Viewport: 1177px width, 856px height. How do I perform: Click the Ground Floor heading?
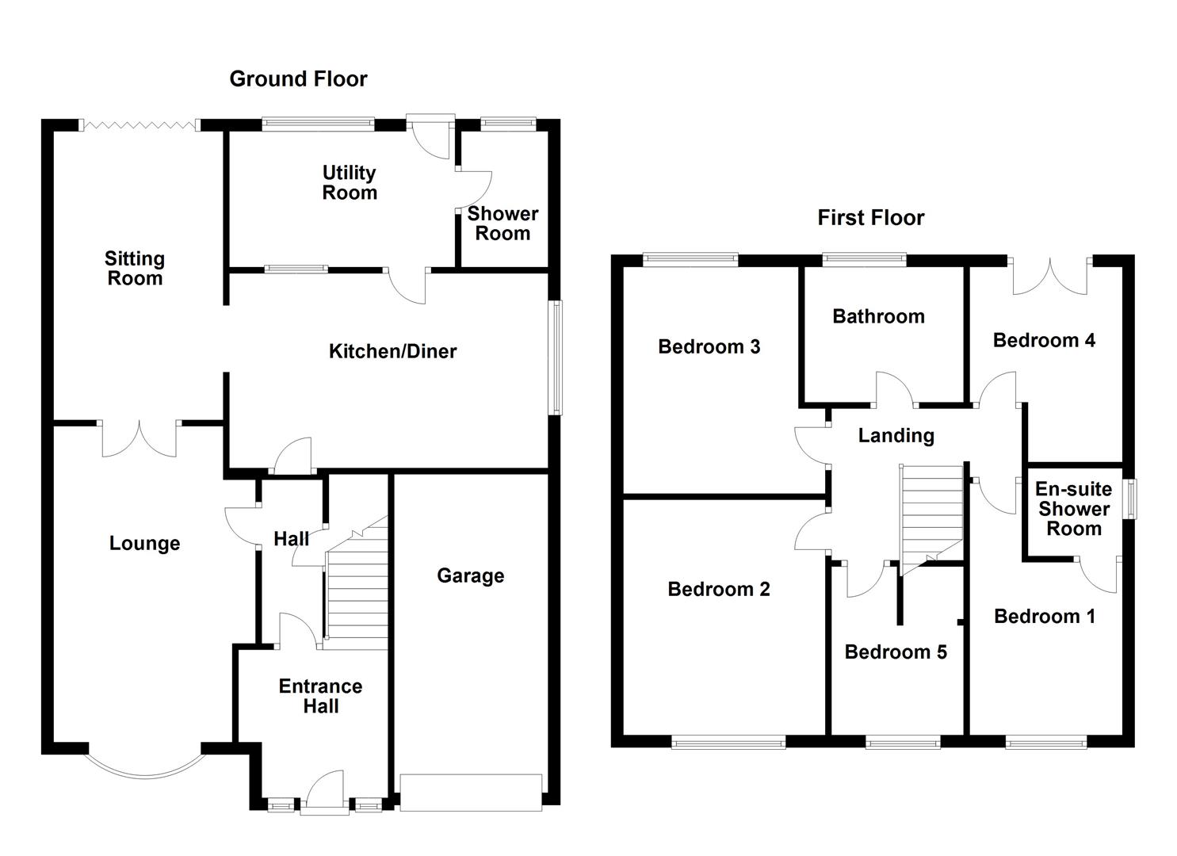pyautogui.click(x=298, y=79)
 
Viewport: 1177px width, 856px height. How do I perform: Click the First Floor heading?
pyautogui.click(x=870, y=218)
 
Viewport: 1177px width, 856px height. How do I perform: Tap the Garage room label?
pyautogui.click(x=470, y=576)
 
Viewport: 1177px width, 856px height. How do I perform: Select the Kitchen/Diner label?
pyautogui.click(x=392, y=351)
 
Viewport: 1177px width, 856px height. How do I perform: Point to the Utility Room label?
pyautogui.click(x=349, y=183)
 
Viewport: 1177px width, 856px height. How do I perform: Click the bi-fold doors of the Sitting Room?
pyautogui.click(x=139, y=124)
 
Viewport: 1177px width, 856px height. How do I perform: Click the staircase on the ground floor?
pyautogui.click(x=357, y=587)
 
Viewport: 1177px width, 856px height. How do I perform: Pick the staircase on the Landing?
pyautogui.click(x=931, y=515)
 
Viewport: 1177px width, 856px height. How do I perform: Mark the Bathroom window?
pyautogui.click(x=864, y=258)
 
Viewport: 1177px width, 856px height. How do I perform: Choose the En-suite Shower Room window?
pyautogui.click(x=1132, y=499)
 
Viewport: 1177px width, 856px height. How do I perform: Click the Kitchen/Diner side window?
pyautogui.click(x=557, y=357)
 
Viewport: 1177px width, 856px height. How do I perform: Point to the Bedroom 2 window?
pyautogui.click(x=728, y=742)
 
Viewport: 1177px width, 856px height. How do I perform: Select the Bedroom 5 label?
pyautogui.click(x=896, y=652)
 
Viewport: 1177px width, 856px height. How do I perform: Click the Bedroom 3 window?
pyautogui.click(x=690, y=258)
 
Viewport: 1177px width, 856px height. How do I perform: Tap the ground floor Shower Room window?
pyautogui.click(x=508, y=123)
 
